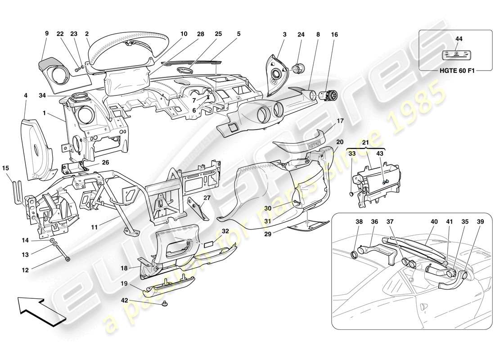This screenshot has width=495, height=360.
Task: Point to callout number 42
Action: (124, 300)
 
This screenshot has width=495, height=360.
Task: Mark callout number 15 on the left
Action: (5, 168)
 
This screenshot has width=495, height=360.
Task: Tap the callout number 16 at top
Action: (334, 35)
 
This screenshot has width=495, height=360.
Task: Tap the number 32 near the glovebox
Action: (225, 230)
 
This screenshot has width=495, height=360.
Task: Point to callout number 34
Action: (42, 95)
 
